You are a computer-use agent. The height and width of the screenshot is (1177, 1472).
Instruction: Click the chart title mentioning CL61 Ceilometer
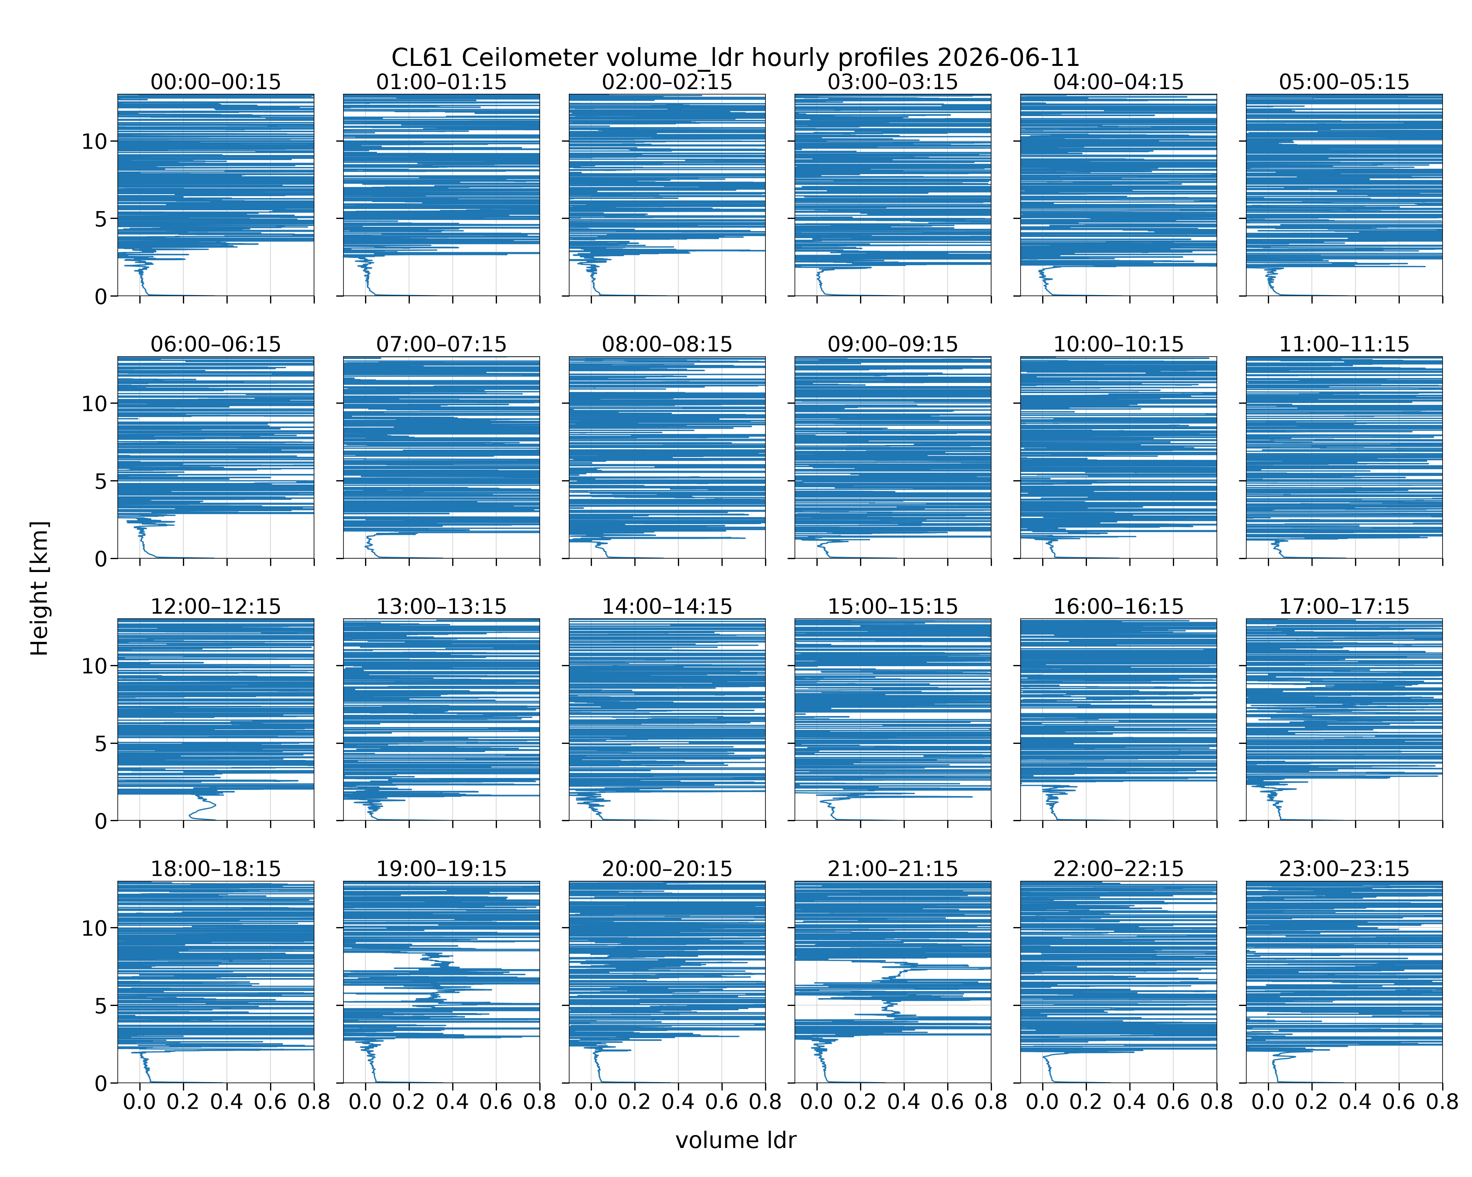pyautogui.click(x=735, y=57)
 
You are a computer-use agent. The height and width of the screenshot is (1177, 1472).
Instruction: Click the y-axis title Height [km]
pyautogui.click(x=40, y=588)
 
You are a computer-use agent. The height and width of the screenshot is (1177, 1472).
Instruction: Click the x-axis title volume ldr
pyautogui.click(x=735, y=1140)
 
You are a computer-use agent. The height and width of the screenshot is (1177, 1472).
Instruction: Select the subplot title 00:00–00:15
pyautogui.click(x=216, y=82)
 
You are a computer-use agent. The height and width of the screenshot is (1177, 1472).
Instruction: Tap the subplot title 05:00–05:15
pyautogui.click(x=1344, y=82)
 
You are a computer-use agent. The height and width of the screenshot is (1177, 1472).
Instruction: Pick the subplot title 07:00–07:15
pyautogui.click(x=441, y=344)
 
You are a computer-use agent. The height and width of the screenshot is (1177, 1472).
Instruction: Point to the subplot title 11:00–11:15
pyautogui.click(x=1344, y=344)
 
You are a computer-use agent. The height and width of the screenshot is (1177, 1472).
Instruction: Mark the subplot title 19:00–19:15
pyautogui.click(x=441, y=869)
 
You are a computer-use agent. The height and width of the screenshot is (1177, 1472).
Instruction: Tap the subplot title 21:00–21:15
pyautogui.click(x=892, y=869)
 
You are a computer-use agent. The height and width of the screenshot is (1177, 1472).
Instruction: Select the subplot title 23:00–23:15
pyautogui.click(x=1344, y=869)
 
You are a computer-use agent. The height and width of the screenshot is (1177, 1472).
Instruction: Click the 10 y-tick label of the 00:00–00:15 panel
pyautogui.click(x=94, y=142)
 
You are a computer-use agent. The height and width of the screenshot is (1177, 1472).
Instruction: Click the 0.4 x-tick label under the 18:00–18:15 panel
pyautogui.click(x=226, y=1102)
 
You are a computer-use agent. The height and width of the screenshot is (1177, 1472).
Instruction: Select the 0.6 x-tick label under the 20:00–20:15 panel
pyautogui.click(x=721, y=1102)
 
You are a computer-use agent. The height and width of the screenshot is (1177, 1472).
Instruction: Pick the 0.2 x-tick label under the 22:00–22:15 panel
pyautogui.click(x=1086, y=1102)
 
